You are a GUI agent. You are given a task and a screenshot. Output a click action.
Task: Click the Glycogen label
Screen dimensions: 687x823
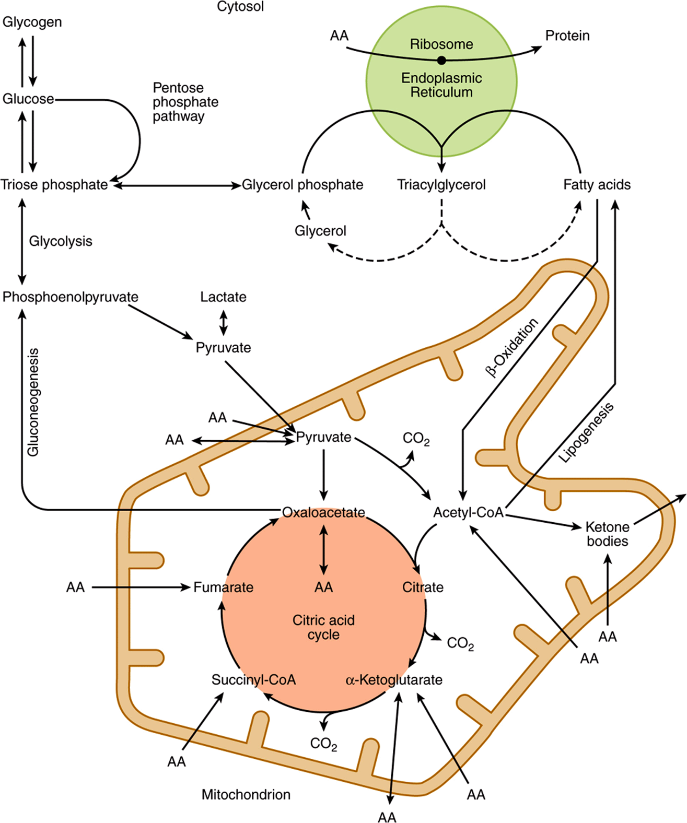32,22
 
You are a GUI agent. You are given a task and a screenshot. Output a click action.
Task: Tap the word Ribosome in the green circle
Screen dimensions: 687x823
441,44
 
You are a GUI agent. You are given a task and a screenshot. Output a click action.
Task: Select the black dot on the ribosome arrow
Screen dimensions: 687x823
441,60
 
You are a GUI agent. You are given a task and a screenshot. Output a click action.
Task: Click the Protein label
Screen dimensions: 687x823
567,36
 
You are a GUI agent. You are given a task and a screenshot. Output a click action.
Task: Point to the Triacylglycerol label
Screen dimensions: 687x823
441,185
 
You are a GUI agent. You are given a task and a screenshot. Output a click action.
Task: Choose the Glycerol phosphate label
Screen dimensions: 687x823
302,185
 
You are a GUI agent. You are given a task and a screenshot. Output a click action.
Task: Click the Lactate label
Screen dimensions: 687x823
223,297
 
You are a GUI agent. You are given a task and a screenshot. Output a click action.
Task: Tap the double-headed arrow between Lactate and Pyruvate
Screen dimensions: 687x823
224,323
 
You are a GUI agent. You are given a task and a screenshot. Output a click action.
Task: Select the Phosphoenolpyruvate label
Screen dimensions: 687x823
71,297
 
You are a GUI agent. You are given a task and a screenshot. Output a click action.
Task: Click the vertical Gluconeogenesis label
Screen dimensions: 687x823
33,403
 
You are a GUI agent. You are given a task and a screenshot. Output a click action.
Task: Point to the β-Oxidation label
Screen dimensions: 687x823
511,347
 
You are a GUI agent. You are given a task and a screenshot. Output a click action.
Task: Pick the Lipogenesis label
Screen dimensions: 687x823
587,432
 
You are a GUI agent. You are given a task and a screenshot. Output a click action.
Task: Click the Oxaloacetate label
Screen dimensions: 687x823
324,512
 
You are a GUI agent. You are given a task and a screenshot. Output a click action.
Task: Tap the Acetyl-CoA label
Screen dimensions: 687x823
469,512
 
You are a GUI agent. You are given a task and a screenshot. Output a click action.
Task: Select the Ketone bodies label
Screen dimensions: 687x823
608,534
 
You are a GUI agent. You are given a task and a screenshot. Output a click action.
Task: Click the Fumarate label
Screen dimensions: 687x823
223,587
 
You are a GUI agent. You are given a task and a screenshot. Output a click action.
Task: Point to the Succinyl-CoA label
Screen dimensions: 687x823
253,679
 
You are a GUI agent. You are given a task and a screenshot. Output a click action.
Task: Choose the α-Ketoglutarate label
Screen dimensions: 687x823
394,679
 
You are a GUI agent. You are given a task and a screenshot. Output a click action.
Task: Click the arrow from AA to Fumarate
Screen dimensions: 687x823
141,587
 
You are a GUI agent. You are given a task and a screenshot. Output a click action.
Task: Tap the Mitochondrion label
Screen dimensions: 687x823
246,795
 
